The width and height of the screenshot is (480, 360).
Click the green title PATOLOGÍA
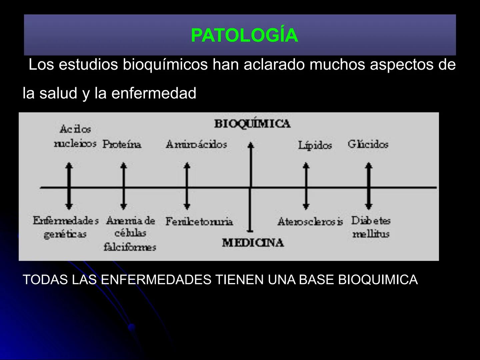244,35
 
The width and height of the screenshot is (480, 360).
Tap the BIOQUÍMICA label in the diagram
252,124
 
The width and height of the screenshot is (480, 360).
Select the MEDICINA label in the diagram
253,243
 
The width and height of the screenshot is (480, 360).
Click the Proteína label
122,144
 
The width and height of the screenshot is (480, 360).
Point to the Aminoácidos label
196,144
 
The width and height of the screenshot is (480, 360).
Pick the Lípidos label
315,145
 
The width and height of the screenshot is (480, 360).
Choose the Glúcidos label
368,144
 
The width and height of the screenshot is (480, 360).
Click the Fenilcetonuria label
199,221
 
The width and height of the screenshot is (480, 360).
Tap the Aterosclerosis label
310,221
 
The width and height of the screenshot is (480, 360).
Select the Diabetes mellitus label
371,227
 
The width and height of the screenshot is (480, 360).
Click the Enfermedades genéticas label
66,227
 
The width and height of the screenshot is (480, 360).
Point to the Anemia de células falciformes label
130,233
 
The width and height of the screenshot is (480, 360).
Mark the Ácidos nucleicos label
75,136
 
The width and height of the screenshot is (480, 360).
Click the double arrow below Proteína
124,186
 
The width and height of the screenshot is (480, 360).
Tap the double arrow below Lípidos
306,186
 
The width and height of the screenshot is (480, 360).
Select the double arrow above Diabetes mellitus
369,186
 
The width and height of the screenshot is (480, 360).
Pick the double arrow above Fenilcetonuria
187,186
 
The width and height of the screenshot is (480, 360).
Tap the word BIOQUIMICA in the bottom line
378,280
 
